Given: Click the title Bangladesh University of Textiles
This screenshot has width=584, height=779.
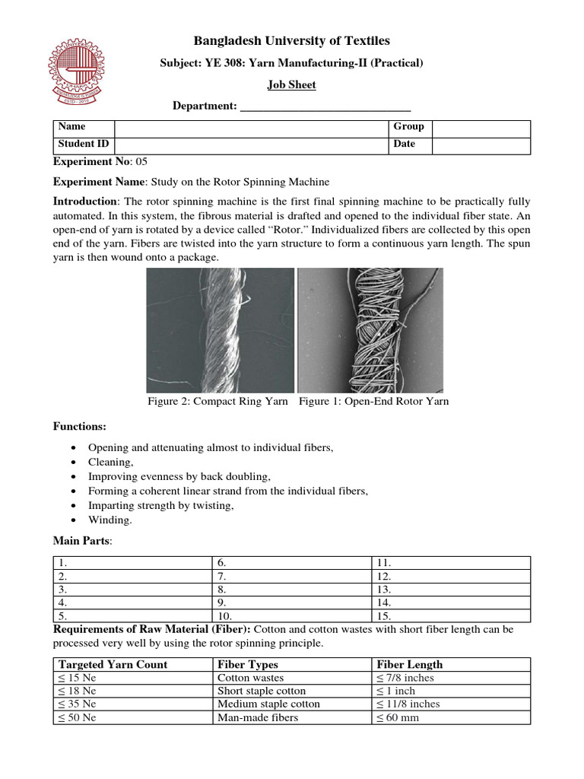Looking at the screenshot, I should coord(292,41).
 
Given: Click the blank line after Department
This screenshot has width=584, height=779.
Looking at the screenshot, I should coord(325,107).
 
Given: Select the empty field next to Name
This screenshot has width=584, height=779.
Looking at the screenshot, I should coord(251,127).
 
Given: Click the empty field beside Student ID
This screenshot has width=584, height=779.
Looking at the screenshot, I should coord(251,144).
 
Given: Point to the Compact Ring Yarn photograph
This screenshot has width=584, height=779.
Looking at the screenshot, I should coord(220,330).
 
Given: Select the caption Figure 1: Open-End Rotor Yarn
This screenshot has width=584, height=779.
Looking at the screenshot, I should coord(373,402).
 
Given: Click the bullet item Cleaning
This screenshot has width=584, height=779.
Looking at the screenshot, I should coord(111,462).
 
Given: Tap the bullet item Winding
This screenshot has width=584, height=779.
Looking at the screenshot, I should coord(110,520).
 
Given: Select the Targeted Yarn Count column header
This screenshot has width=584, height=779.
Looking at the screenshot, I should coord(113,664).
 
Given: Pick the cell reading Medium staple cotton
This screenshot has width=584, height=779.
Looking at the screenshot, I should coord(268,704).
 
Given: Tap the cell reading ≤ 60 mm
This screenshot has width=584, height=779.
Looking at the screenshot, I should coord(397,717).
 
